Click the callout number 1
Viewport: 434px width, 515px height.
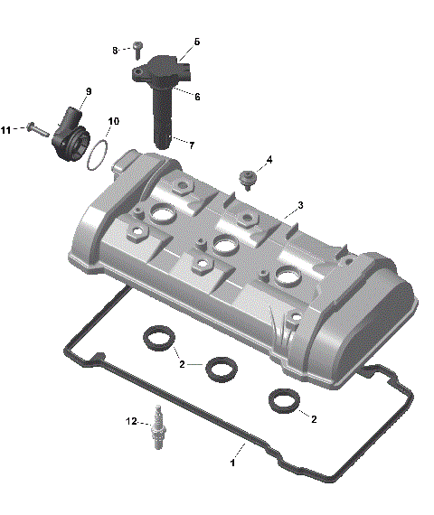(232, 462)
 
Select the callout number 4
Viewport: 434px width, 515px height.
(268, 161)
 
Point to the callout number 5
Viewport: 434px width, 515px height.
(196, 42)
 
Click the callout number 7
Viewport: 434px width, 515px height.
(191, 145)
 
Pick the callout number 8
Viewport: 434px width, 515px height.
(115, 50)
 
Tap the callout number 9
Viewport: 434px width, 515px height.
(89, 91)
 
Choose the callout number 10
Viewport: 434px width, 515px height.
(113, 121)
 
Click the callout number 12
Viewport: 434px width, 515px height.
(130, 421)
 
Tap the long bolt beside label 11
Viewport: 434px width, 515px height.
(33, 127)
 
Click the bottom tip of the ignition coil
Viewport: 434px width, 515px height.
(162, 145)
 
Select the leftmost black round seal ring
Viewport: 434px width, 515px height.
(159, 340)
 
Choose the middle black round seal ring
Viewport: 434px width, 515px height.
(221, 368)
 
